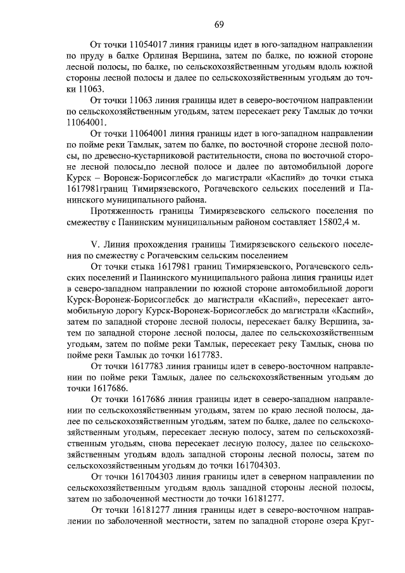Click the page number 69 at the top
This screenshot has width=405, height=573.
pos(218,25)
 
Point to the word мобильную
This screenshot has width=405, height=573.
pos(89,311)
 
